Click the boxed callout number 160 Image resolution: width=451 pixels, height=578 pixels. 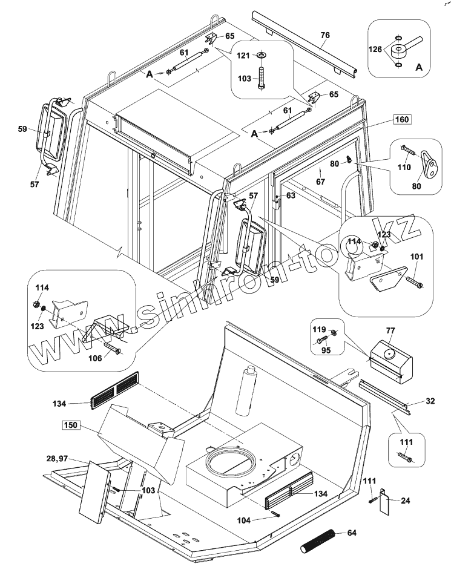(403, 119)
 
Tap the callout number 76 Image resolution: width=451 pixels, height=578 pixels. (325, 36)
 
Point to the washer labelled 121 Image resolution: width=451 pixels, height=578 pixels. (262, 56)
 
